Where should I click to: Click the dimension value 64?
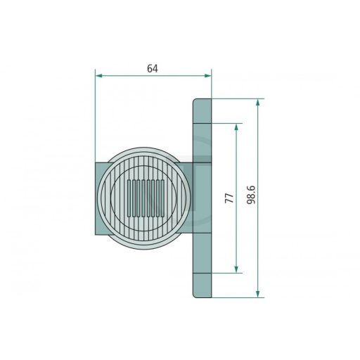click(x=153, y=68)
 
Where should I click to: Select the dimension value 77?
click(x=229, y=198)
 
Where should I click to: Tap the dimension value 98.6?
click(x=251, y=195)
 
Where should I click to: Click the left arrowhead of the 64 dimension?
click(x=99, y=75)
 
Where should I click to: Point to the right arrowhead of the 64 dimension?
click(x=207, y=75)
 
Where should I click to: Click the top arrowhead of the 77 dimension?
click(x=236, y=127)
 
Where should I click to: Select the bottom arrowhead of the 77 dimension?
click(x=236, y=269)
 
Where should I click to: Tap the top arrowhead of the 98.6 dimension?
click(x=258, y=103)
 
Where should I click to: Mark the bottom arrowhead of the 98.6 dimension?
click(x=258, y=294)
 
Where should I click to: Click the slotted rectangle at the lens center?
click(x=146, y=198)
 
